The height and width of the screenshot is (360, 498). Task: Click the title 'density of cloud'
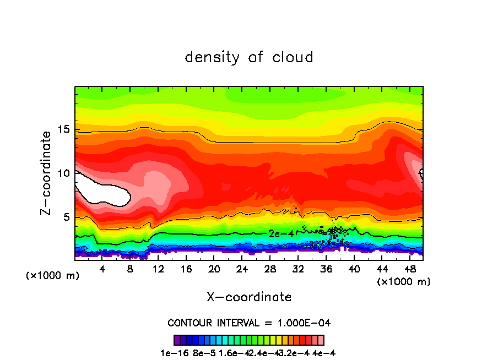(x=249, y=57)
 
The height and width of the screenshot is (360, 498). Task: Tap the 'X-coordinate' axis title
(x=249, y=297)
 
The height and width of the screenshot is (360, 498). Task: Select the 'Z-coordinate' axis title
(x=48, y=173)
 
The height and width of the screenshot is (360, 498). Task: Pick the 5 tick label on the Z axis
(x=67, y=217)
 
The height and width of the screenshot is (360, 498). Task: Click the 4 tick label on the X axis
(x=102, y=269)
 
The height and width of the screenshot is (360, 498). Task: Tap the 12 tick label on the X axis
(x=158, y=269)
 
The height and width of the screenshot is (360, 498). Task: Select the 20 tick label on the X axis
(x=214, y=269)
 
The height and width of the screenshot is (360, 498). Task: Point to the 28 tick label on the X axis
(x=270, y=269)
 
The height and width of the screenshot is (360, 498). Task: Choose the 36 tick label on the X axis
(x=326, y=269)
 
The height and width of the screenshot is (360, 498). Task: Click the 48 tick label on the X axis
(x=409, y=269)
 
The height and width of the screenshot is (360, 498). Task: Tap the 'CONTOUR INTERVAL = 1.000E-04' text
(x=249, y=323)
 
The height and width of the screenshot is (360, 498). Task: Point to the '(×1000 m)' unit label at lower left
(x=53, y=276)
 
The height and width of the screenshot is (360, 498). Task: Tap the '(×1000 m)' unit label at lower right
(x=404, y=282)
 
